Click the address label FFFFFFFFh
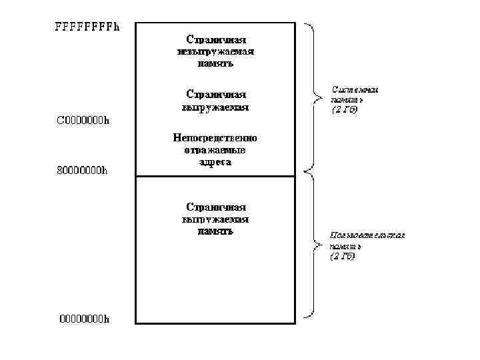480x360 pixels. tap(87, 28)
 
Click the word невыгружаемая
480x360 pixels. tap(215, 51)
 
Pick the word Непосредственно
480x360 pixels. tap(215, 138)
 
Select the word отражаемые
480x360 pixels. tap(215, 150)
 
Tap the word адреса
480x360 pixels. tap(215, 162)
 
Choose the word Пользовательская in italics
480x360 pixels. tap(367, 235)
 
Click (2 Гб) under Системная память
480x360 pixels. tap(344, 110)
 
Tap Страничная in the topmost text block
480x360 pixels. tap(215, 39)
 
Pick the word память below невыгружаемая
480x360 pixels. tap(215, 64)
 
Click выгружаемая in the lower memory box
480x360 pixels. tap(215, 219)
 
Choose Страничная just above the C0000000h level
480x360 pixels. tap(215, 94)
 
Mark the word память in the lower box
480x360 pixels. tap(215, 231)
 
